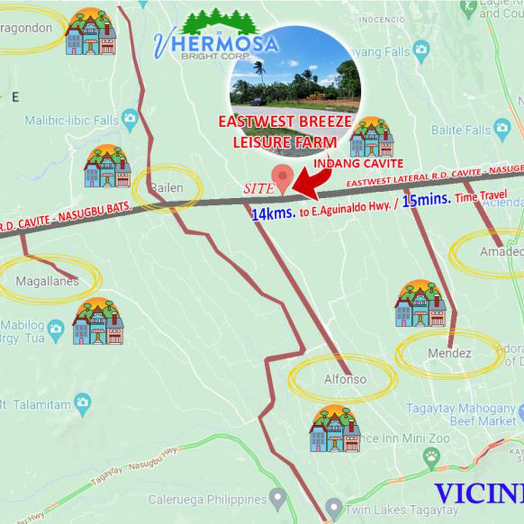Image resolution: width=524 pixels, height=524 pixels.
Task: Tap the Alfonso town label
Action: pyautogui.click(x=345, y=379)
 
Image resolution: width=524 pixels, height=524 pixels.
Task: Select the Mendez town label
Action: pyautogui.click(x=449, y=353)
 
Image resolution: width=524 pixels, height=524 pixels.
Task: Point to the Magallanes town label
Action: pyautogui.click(x=47, y=281)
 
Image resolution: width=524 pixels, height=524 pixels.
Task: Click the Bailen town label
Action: pyautogui.click(x=166, y=188)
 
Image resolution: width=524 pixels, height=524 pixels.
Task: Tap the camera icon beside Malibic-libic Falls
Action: pyautogui.click(x=130, y=119)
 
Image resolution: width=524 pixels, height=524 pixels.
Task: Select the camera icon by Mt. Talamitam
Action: pyautogui.click(x=82, y=403)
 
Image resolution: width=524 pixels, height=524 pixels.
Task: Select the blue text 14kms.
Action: pyautogui.click(x=274, y=214)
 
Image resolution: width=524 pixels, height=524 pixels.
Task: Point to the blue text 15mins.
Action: pyautogui.click(x=426, y=200)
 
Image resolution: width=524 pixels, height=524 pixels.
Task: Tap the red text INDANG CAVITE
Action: pyautogui.click(x=359, y=163)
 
